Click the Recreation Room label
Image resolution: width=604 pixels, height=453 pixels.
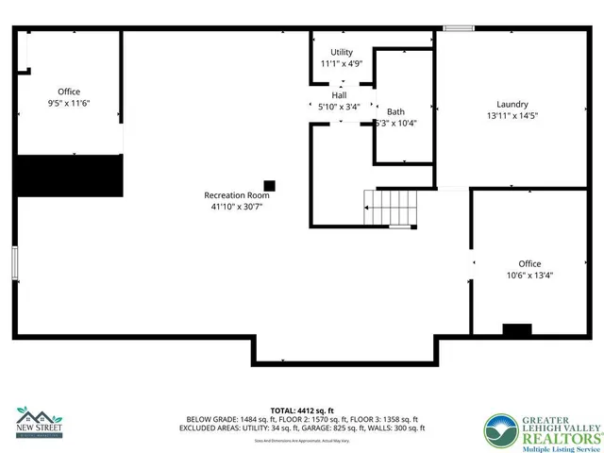pos(237,195)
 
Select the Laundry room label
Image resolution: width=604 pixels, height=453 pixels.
pos(512,104)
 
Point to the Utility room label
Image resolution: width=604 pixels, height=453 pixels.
pos(341,52)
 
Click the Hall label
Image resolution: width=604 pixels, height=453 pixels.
pos(338,94)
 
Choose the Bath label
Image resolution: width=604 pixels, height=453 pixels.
pos(394,111)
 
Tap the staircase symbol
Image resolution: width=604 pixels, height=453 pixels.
pos(390,207)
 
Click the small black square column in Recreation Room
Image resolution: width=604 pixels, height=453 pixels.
pos(269,185)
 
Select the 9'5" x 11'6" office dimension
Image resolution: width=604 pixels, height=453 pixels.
pos(69,102)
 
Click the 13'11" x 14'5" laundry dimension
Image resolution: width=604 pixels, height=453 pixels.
pos(512,115)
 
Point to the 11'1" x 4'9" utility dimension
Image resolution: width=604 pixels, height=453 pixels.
pos(341,63)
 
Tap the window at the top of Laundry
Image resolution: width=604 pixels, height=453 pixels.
pos(459,28)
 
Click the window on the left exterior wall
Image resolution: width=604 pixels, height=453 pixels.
pos(14,267)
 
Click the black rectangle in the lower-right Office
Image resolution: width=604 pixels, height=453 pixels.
pos(516,330)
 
